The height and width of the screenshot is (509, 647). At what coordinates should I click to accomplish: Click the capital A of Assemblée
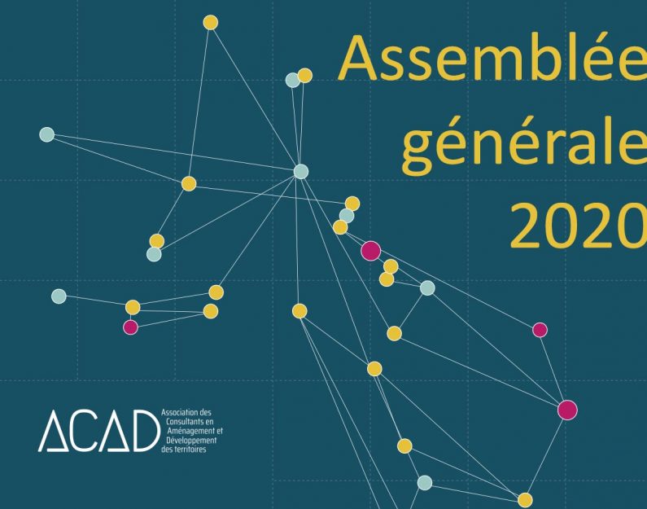(359, 59)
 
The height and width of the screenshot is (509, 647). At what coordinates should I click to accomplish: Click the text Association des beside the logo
(186, 412)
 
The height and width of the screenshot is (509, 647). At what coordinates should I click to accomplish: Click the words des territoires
(184, 450)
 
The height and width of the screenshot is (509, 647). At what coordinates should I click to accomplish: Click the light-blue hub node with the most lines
(301, 171)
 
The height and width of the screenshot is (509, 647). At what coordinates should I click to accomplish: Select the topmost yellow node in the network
(211, 22)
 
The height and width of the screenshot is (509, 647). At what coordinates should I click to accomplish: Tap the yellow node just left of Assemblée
(305, 76)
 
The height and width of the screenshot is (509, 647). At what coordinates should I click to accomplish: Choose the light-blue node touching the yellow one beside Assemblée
(293, 80)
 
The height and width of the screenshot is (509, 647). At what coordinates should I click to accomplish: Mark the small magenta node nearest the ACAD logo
(130, 327)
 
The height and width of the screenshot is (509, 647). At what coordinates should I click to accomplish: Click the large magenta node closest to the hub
(370, 251)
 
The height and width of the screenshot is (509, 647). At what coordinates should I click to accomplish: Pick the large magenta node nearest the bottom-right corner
(567, 410)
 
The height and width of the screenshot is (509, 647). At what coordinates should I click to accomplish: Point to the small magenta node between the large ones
(540, 330)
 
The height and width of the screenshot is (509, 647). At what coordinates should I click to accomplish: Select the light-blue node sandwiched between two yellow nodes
(347, 216)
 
